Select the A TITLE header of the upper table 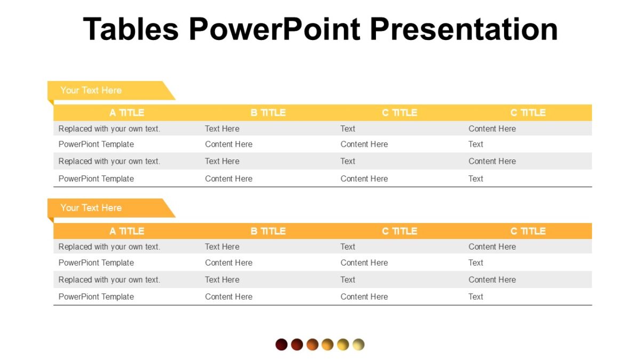pos(127,113)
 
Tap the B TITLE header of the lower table pos(268,231)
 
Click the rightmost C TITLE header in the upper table pos(528,113)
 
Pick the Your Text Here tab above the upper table pos(91,90)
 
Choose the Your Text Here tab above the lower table pos(91,208)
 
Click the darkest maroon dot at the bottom pos(282,345)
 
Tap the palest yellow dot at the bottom pos(358,345)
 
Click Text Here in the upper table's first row pos(222,129)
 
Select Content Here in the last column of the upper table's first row pos(492,129)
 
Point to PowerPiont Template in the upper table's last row pos(96,179)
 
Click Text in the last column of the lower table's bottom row pos(476,297)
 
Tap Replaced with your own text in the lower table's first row pos(109,247)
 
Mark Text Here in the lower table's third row pos(222,279)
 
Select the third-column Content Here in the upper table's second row pos(364,144)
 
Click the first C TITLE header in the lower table pos(399,231)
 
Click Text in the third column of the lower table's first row pos(348,247)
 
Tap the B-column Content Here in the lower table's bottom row pos(228,297)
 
